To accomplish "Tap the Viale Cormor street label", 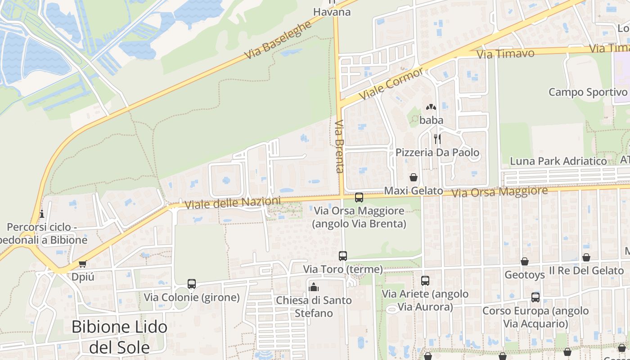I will click(391, 85).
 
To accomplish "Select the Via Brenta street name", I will click(339, 146).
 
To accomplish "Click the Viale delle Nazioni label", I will click(232, 202).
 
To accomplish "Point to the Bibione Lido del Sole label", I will click(120, 337).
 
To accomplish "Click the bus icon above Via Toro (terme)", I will click(343, 256).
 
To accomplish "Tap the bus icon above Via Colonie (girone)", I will click(192, 284).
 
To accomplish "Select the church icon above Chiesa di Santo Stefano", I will click(314, 287).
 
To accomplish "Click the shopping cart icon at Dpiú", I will click(82, 264).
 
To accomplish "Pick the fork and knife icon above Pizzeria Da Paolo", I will click(437, 139).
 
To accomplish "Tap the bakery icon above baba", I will click(431, 108).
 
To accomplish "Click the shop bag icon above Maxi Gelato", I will click(413, 177).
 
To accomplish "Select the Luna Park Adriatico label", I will click(558, 161).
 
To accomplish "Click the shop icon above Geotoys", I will click(525, 261).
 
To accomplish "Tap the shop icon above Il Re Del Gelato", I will click(586, 257).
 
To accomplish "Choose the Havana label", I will click(332, 12).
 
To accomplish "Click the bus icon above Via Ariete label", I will click(425, 281).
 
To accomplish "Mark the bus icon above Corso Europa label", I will click(535, 297).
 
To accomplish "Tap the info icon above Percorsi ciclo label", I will click(42, 213).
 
